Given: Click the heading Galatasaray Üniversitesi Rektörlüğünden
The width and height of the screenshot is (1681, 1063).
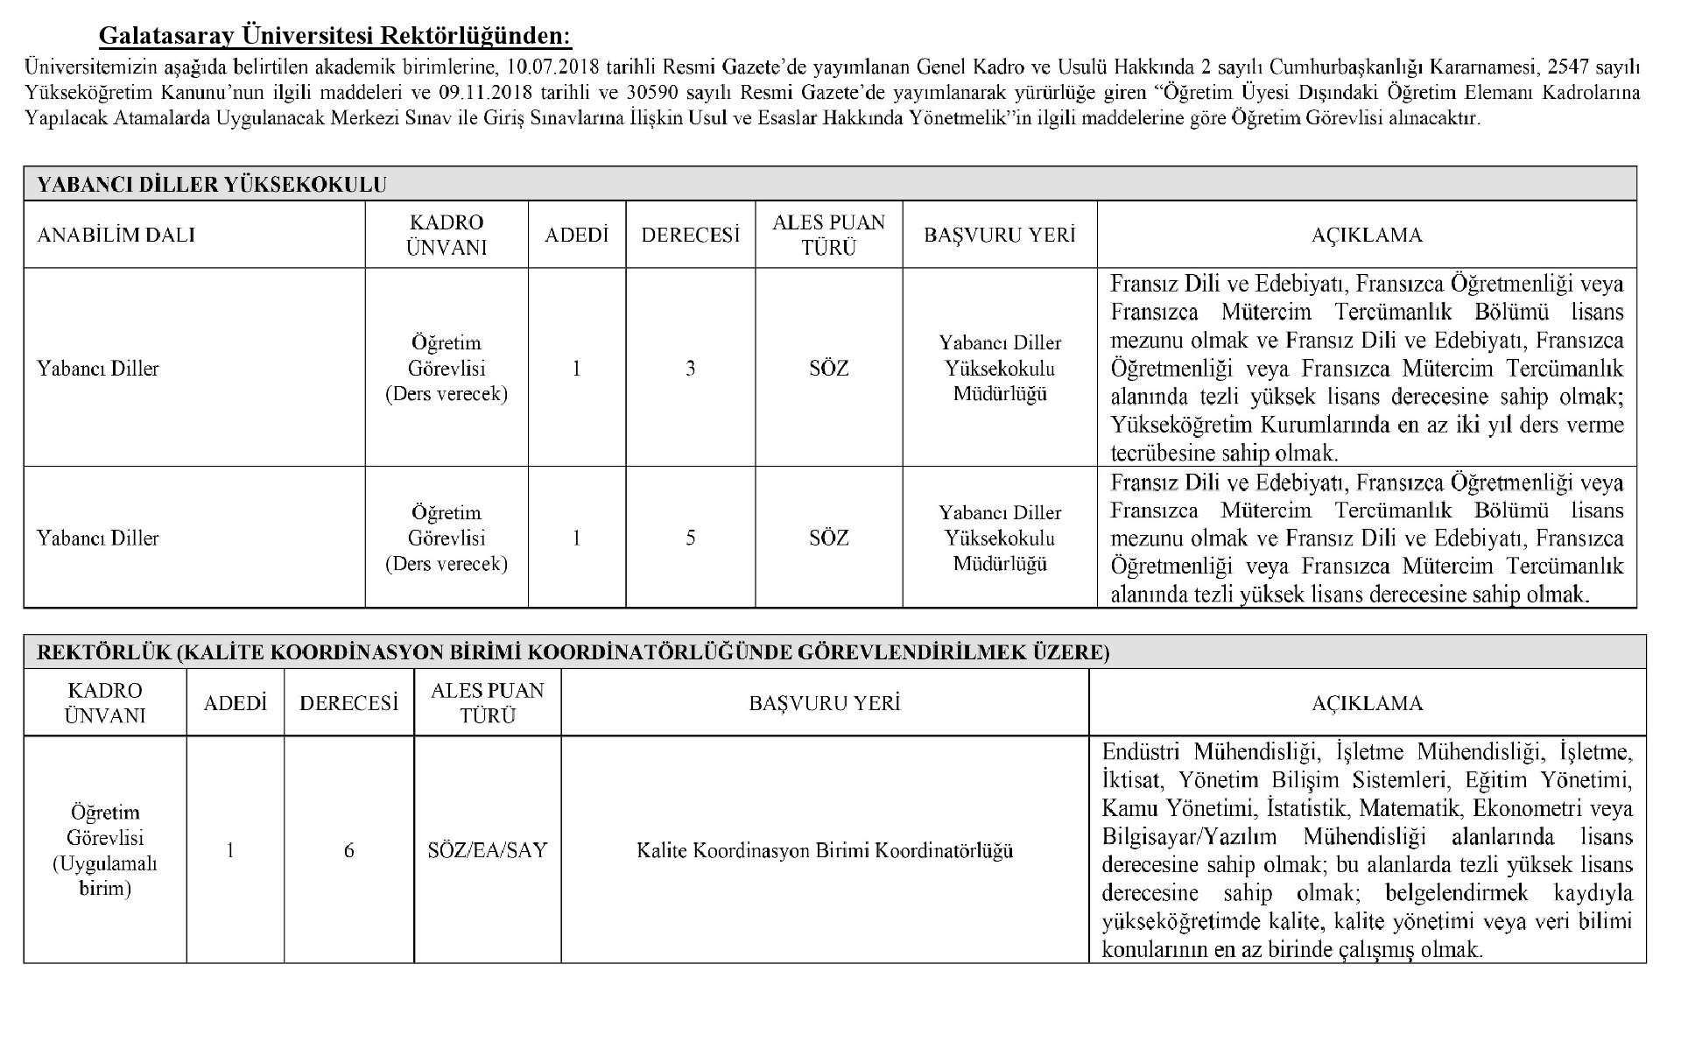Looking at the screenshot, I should [x=334, y=36].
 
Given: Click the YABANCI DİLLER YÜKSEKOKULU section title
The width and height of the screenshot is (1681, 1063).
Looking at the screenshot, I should [x=212, y=184].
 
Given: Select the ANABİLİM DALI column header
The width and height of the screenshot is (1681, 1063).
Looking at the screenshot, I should [x=116, y=235].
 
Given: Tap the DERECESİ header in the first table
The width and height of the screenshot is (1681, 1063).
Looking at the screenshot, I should [x=690, y=235].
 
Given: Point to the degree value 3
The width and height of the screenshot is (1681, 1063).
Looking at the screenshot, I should [x=690, y=369].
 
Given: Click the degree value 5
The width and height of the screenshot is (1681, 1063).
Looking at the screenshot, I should [x=690, y=538].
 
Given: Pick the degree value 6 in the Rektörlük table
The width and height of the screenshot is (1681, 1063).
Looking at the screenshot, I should [x=348, y=850].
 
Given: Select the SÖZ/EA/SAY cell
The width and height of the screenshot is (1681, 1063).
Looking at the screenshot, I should [x=488, y=850].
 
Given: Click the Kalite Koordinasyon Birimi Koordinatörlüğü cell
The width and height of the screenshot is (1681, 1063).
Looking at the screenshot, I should [x=825, y=850].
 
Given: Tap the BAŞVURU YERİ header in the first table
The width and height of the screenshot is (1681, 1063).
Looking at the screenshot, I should [x=999, y=235].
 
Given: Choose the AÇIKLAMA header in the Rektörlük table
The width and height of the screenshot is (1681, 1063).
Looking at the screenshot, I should [x=1367, y=703].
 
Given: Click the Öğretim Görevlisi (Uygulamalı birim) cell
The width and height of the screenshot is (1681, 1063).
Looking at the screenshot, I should [x=104, y=850].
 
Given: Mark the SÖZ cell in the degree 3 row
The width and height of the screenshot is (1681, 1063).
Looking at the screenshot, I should [x=828, y=369].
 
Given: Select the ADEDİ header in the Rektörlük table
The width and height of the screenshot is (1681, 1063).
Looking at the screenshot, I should [x=235, y=703].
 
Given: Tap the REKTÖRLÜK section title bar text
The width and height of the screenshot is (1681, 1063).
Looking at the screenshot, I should [x=573, y=652].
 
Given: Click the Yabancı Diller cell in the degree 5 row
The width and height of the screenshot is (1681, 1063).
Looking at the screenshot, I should [x=98, y=538].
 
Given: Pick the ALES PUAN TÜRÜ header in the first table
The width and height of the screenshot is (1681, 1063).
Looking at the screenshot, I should [x=828, y=235].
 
